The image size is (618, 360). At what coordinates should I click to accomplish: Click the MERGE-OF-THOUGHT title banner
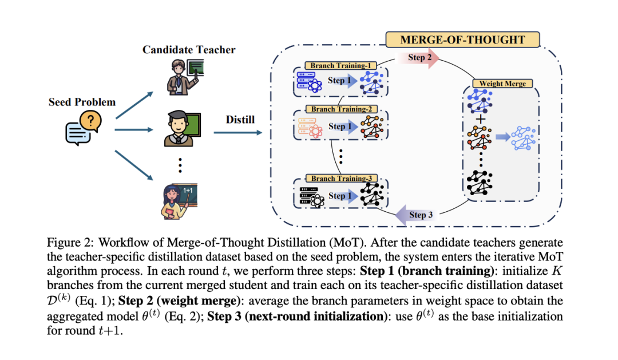click(462, 39)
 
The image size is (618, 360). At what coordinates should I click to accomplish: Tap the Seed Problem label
click(82, 102)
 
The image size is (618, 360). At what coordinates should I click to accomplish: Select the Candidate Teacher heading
click(189, 50)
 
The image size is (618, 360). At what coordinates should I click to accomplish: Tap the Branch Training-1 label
click(340, 66)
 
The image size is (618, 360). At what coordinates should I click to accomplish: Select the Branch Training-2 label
click(340, 109)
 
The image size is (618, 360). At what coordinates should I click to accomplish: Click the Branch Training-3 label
click(340, 179)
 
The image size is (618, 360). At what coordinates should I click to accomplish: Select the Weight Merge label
click(502, 84)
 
